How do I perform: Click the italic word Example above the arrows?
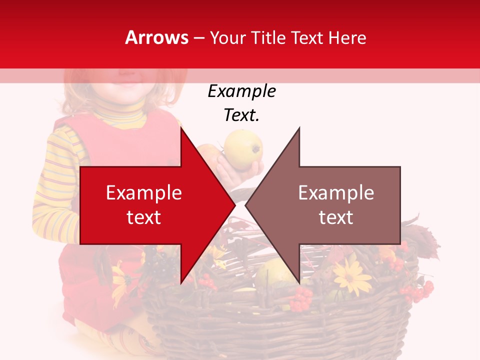[241, 91]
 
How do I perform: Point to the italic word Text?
[241, 115]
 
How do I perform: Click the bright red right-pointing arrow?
[150, 205]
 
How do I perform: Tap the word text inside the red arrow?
[143, 217]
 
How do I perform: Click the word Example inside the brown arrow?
[336, 193]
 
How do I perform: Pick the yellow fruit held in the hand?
[243, 149]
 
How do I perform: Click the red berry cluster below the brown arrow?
[301, 298]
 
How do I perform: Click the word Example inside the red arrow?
[143, 193]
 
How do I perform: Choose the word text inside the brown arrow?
[336, 217]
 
